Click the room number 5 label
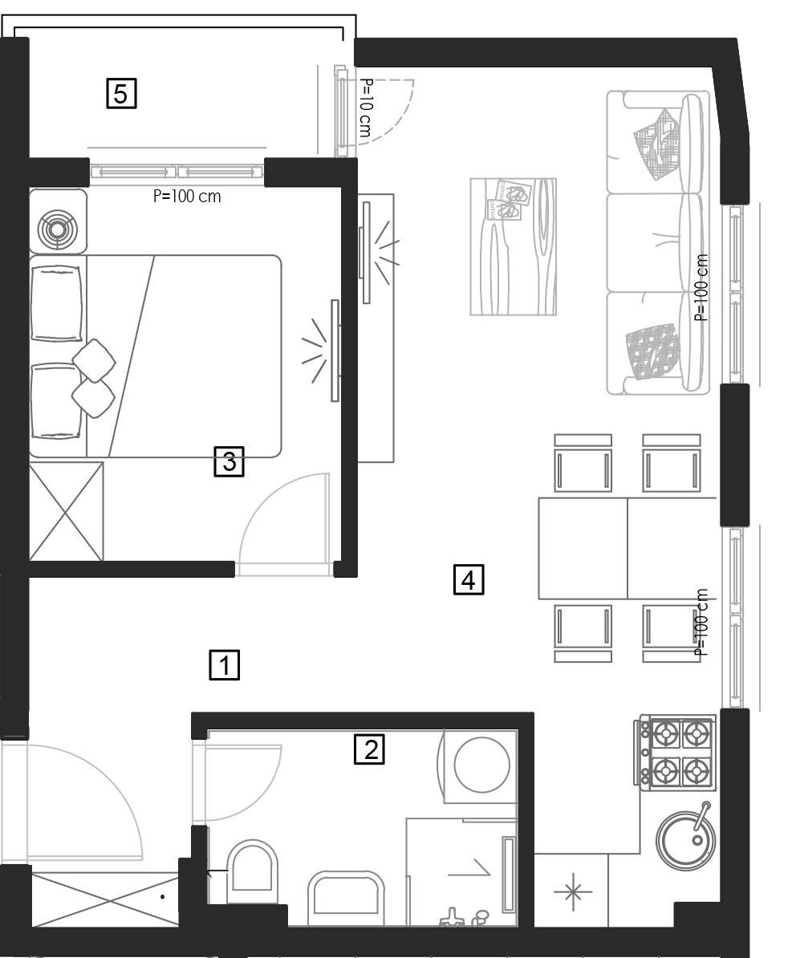pos(121,94)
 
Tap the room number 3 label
pos(229,461)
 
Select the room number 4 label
pos(469,579)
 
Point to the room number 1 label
pos(225,664)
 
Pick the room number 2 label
pos(370,749)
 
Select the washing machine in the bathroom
pos(479,765)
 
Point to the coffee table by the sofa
pos(514,246)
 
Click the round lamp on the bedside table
pos(57,229)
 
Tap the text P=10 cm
pos(365,108)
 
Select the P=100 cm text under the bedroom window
pos(187,196)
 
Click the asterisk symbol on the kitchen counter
pos(573,892)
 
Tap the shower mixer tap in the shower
pos(452,919)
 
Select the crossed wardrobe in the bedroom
pos(66,511)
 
